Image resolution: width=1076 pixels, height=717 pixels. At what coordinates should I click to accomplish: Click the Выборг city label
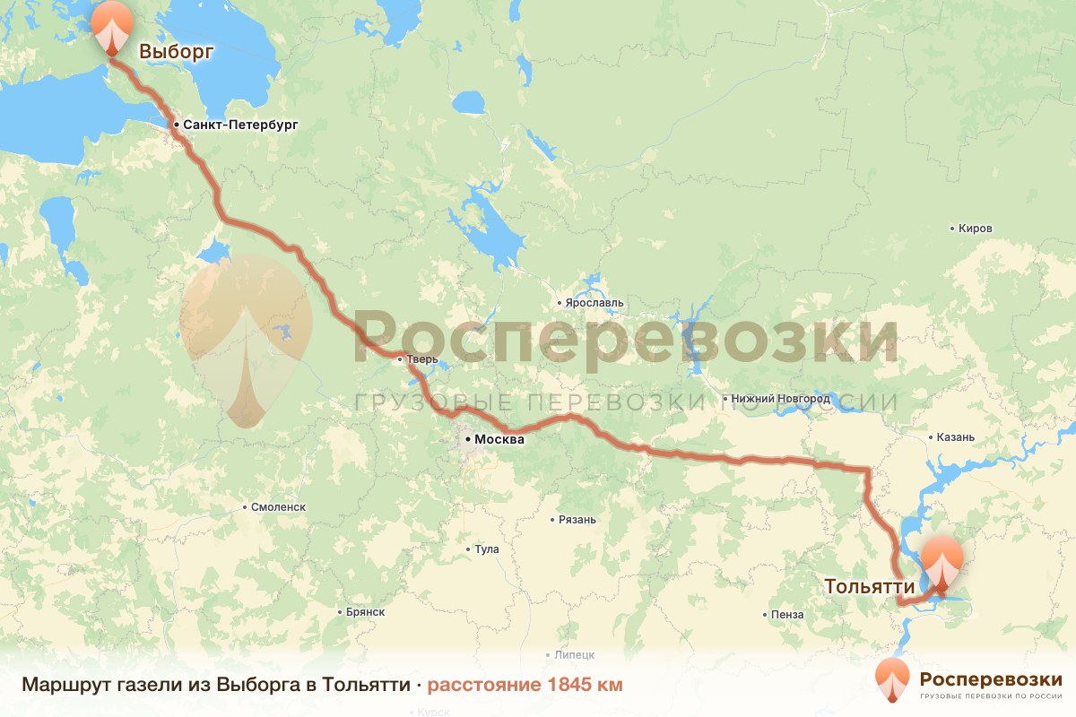(177, 52)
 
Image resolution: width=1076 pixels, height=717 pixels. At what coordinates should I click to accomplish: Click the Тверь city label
(422, 359)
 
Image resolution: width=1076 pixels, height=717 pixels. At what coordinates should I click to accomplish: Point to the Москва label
(499, 440)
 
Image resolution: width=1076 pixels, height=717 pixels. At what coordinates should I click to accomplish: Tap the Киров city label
(976, 229)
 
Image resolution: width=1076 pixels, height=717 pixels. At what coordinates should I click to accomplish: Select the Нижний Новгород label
(780, 398)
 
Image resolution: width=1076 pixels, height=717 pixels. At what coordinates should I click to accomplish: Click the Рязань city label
(577, 520)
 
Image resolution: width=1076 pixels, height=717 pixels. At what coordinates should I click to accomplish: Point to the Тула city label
(487, 549)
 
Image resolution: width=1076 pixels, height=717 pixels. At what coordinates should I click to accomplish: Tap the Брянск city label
(365, 612)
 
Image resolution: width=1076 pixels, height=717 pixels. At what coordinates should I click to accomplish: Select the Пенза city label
(786, 615)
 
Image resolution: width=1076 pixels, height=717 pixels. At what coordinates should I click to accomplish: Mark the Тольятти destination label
(869, 586)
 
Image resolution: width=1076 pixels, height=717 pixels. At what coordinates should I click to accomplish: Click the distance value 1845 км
(582, 685)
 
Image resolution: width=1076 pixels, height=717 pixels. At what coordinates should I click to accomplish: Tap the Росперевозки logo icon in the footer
(893, 680)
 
